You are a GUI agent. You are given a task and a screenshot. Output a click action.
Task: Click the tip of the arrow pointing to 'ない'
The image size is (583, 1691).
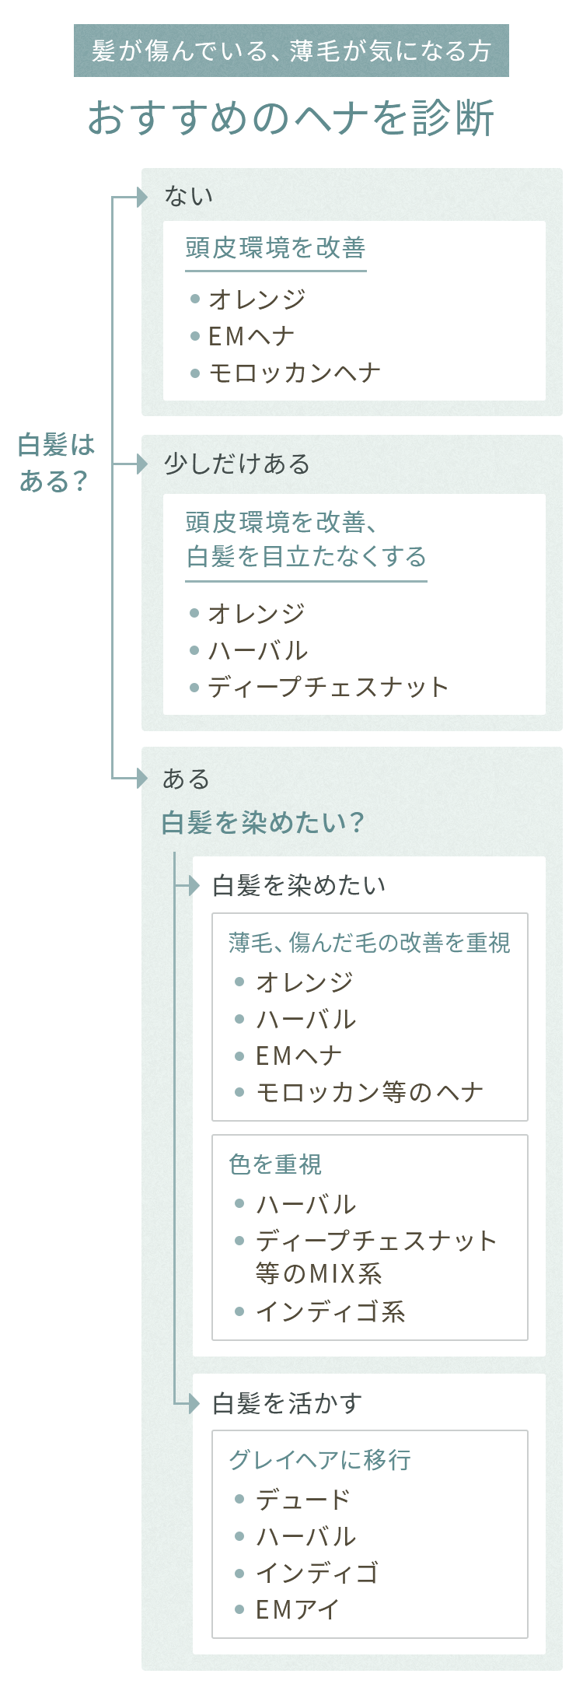[x=148, y=197]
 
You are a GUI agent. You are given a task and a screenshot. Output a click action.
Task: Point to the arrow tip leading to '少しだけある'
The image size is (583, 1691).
[x=148, y=464]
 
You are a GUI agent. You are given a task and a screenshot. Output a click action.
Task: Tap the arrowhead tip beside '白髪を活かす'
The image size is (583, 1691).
[x=200, y=1404]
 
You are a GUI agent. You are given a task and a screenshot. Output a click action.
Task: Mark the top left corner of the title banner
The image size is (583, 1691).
[x=74, y=25]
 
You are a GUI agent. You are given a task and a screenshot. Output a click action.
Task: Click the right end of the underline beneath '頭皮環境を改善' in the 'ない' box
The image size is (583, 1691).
[x=367, y=271]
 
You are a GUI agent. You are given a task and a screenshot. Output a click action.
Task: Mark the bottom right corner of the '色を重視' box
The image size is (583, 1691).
[x=529, y=1341]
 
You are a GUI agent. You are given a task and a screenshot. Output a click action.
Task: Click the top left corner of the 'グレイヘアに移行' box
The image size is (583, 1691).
[x=211, y=1430]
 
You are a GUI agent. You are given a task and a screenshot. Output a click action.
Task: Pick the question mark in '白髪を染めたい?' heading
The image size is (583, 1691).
[x=357, y=823]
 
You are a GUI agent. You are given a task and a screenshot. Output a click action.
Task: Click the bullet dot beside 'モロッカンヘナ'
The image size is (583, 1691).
[x=195, y=373]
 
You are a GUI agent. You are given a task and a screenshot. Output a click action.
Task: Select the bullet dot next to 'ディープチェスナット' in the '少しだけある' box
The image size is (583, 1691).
[x=195, y=688]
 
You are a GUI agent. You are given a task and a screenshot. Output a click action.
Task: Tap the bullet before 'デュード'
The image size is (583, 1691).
[x=239, y=1499]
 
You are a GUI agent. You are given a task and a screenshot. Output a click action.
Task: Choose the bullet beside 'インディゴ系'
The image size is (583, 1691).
[x=239, y=1312]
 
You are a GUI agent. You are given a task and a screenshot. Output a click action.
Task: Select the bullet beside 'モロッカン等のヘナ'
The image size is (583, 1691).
[x=239, y=1092]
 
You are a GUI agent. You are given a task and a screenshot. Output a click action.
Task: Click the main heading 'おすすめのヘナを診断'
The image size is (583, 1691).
[x=291, y=118]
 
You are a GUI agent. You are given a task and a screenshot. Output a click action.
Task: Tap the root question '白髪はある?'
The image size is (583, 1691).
[x=56, y=463]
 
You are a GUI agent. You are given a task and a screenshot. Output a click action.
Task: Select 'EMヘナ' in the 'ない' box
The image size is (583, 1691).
[x=252, y=336]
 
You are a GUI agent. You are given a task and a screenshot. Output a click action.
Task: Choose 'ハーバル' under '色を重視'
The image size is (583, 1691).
[x=306, y=1204]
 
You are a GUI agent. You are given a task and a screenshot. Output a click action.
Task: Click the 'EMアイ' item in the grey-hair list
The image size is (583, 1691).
[x=298, y=1609]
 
